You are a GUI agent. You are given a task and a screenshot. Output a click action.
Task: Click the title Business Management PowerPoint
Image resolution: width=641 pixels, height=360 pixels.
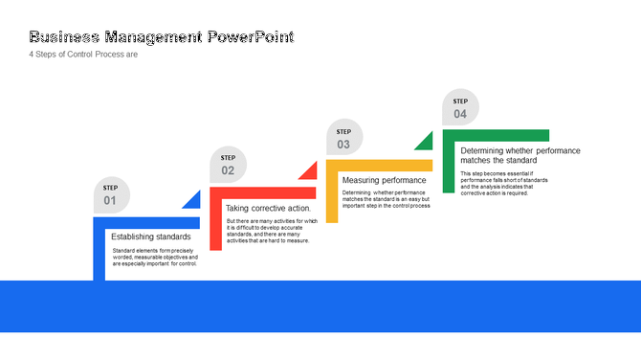(x=162, y=37)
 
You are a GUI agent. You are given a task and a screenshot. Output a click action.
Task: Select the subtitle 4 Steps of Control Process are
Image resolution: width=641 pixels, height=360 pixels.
(x=84, y=55)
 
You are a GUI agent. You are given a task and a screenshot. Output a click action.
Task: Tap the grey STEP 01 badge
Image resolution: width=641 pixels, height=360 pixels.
(x=111, y=195)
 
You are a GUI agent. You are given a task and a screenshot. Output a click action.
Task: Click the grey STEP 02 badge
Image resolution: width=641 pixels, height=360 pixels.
(x=228, y=165)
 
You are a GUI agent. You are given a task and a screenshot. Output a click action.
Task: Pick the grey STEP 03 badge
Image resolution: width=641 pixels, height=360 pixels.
(x=343, y=138)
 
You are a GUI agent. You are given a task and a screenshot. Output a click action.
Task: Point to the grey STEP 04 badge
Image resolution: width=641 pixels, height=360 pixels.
(x=460, y=107)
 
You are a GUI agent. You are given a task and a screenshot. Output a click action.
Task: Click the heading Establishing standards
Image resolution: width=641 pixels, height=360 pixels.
(x=150, y=236)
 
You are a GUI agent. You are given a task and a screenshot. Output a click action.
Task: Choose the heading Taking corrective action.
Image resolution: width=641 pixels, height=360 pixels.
(x=268, y=208)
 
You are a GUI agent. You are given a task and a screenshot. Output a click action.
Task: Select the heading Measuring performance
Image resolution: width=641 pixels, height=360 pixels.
(x=384, y=180)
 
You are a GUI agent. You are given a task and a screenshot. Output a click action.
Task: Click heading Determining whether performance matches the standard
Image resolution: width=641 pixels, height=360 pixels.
(x=519, y=155)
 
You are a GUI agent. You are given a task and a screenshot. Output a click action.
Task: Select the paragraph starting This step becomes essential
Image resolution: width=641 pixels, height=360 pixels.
(x=503, y=183)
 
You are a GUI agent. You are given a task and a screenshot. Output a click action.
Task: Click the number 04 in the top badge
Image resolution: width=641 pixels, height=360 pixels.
(x=460, y=114)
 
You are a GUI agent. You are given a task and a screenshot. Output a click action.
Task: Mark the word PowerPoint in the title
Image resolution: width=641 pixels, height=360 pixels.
(x=251, y=37)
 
